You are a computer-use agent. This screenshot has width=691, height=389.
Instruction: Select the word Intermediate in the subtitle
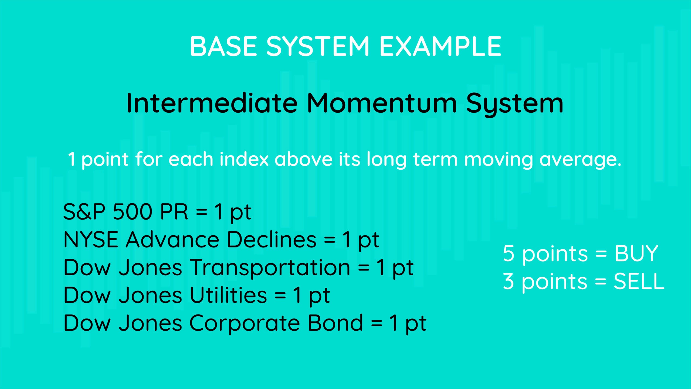(212, 103)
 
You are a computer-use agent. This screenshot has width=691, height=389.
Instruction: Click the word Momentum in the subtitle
(382, 103)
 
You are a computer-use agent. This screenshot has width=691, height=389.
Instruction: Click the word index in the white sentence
(244, 159)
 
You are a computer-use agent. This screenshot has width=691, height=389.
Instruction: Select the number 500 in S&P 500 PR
(133, 212)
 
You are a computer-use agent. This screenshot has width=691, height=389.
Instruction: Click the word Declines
(272, 240)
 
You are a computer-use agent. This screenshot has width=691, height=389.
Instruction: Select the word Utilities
(228, 295)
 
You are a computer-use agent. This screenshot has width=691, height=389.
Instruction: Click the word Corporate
(244, 323)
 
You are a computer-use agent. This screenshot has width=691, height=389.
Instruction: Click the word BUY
(636, 253)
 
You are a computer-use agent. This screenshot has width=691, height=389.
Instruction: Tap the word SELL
(639, 281)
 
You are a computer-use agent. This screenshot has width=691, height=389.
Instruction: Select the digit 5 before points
(509, 253)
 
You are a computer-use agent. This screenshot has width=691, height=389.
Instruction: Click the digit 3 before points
(509, 281)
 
